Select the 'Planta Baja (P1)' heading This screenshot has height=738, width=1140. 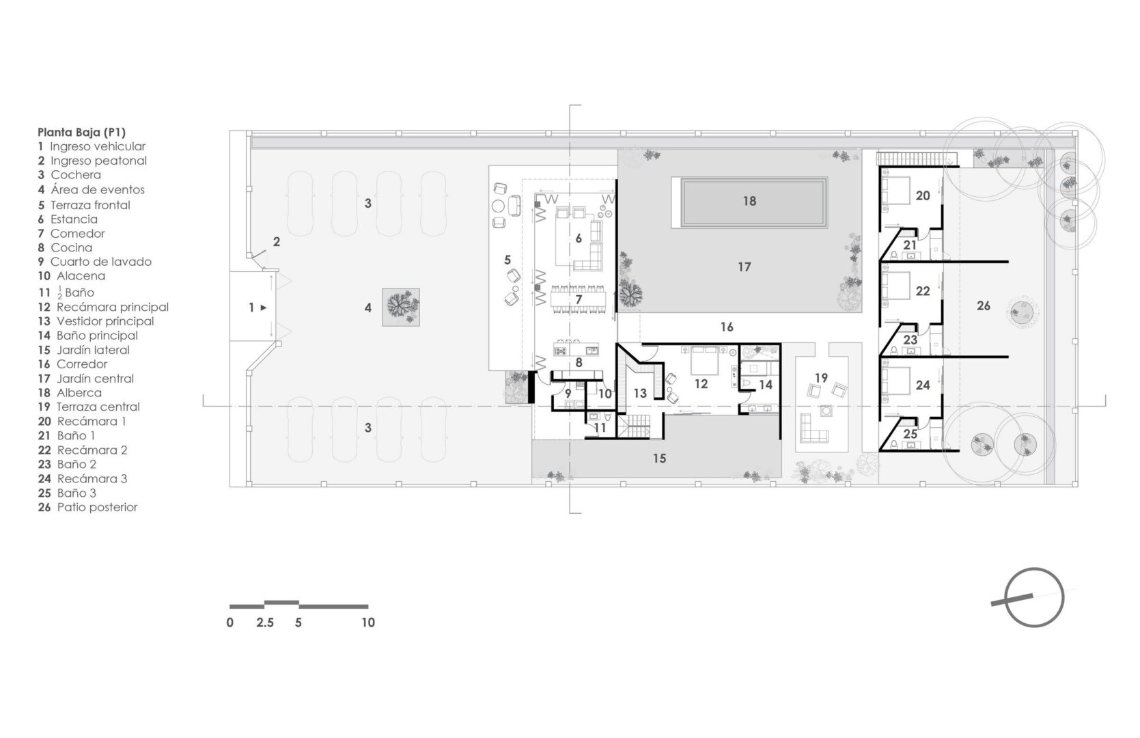coord(81,133)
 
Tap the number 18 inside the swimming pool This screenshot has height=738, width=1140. coord(749,201)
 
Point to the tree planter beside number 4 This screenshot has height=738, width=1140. coord(401,307)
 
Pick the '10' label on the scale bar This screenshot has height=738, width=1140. coord(368,623)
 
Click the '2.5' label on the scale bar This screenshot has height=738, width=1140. coord(264,623)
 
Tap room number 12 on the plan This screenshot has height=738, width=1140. coord(701,384)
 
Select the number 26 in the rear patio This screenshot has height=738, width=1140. coord(984,305)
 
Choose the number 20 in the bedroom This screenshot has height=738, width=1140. coord(923,195)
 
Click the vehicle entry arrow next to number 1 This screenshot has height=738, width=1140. coord(264,307)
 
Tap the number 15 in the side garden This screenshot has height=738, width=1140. coord(659,459)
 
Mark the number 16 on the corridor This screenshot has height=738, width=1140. coord(727,327)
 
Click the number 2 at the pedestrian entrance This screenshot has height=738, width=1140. coord(277,241)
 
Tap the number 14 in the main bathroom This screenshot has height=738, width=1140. coord(766,385)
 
